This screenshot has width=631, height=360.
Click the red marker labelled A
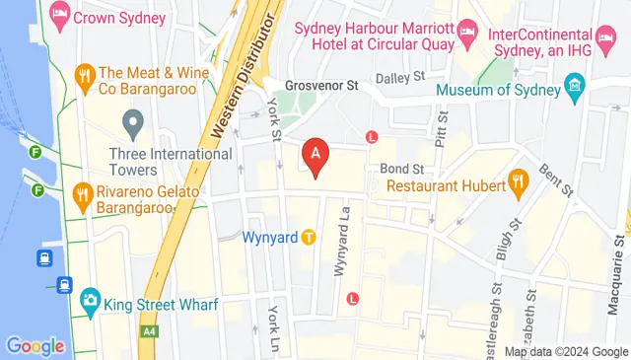pyautogui.click(x=315, y=156)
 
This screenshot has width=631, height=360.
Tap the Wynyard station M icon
pyautogui.click(x=309, y=237)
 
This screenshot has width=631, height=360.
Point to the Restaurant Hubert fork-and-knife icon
pyautogui.click(x=517, y=180)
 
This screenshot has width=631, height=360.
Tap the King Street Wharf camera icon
pyautogui.click(x=89, y=299)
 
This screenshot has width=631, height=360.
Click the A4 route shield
pyautogui.click(x=150, y=331)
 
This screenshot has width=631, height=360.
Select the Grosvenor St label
pyautogui.click(x=319, y=86)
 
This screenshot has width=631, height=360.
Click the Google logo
pyautogui.click(x=35, y=346)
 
